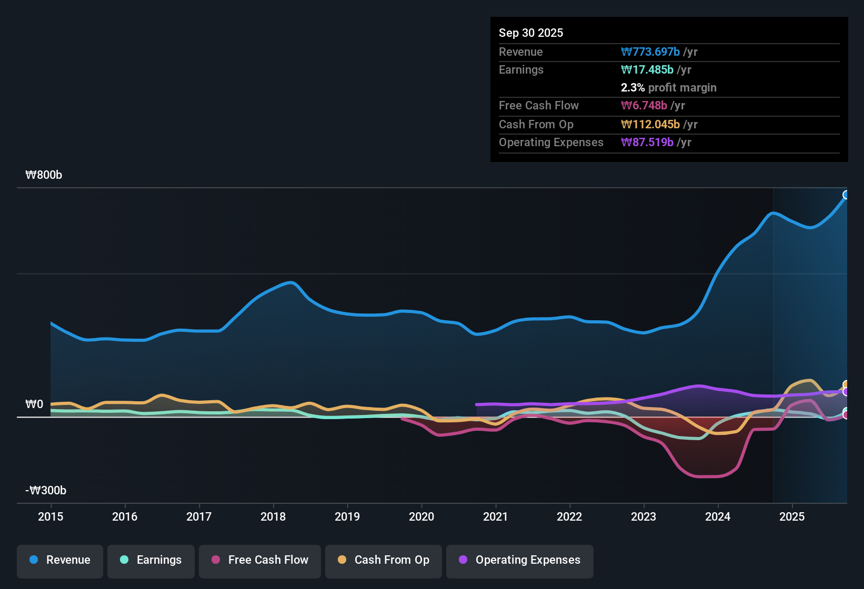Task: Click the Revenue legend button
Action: tap(60, 560)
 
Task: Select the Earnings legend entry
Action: tap(151, 560)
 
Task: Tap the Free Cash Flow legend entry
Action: tap(260, 560)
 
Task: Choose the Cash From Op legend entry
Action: tap(384, 560)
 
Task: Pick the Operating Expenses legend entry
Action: tap(520, 560)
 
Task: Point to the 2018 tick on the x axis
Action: tap(273, 516)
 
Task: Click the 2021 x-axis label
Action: tap(496, 516)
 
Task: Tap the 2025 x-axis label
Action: tap(792, 516)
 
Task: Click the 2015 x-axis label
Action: tap(51, 516)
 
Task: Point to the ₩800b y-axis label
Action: tap(44, 175)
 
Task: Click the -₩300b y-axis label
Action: tap(46, 491)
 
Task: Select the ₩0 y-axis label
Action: tap(34, 404)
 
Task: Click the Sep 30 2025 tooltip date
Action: tap(531, 33)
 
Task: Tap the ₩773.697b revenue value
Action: tap(650, 52)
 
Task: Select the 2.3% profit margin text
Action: tap(668, 88)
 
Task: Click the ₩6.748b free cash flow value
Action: tap(644, 106)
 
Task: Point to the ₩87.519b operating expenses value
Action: tap(647, 143)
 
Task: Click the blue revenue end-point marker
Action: tap(846, 195)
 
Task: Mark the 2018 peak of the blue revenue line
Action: tap(290, 282)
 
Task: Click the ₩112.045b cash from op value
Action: tap(650, 125)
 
